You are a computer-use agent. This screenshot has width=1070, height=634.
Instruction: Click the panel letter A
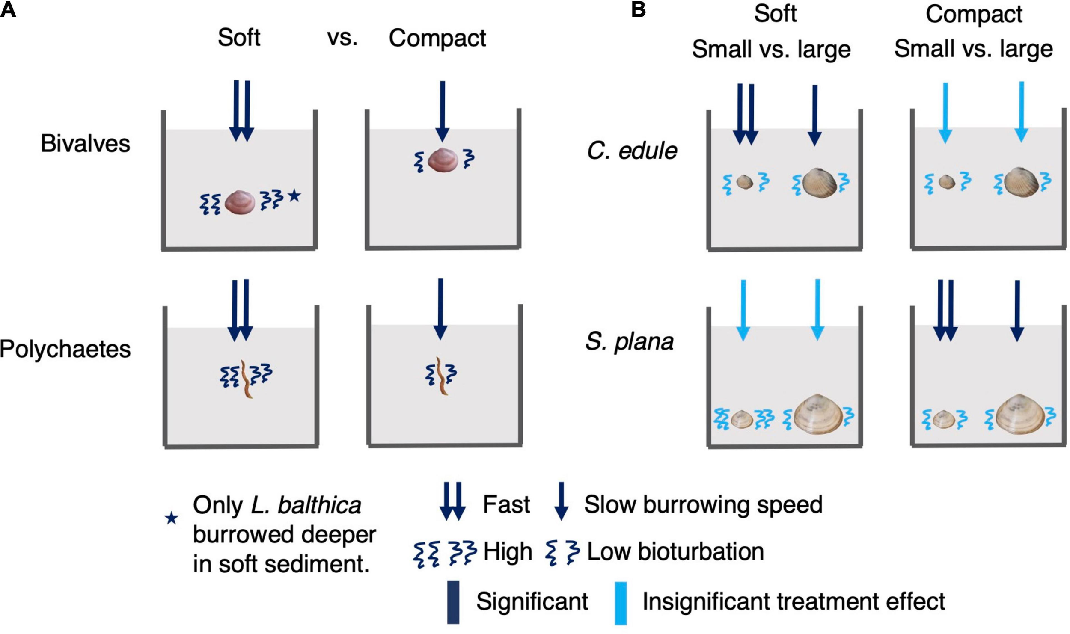click(8, 9)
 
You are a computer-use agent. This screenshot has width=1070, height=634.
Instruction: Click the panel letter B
click(638, 9)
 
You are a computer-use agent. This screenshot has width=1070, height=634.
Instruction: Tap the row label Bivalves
click(85, 144)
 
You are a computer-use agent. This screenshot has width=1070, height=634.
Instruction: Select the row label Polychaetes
click(65, 349)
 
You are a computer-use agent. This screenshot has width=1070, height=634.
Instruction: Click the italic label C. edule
click(632, 151)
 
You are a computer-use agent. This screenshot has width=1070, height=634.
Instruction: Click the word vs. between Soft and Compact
click(342, 38)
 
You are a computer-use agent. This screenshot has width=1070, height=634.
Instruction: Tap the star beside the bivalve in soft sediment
click(294, 196)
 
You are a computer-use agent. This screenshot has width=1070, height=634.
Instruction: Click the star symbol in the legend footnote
click(172, 518)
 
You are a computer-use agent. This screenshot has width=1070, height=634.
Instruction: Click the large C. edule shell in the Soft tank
click(819, 183)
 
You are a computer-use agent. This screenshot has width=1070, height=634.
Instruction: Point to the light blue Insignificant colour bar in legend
click(621, 602)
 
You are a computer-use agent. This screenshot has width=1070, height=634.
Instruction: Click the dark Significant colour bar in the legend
click(453, 601)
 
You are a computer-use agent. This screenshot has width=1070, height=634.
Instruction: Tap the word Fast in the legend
click(506, 504)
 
